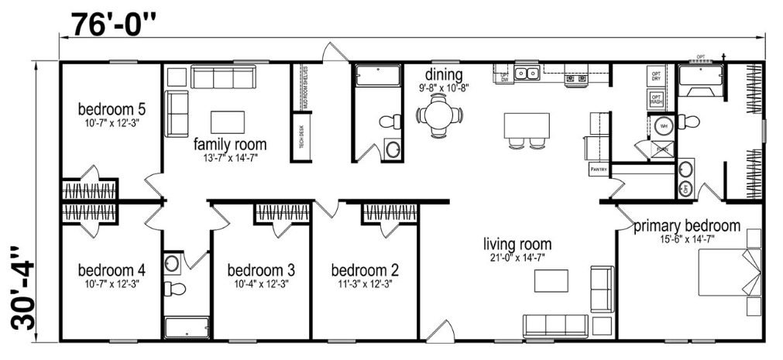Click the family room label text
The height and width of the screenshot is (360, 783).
230,144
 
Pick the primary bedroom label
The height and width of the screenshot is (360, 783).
686,226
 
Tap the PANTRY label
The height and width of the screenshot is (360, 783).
596,168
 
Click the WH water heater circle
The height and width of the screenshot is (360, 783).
663,125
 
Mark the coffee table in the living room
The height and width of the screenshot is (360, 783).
551,280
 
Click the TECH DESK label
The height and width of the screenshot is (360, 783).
297,137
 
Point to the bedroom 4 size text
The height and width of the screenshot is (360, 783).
112,284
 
